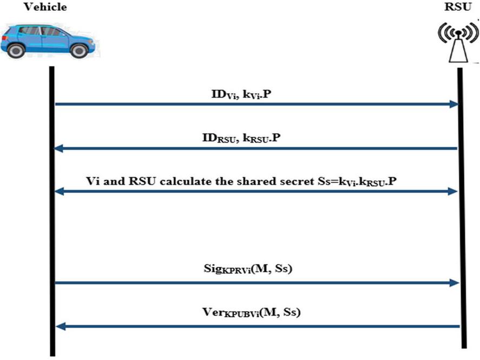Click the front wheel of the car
pyautogui.click(x=80, y=50)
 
